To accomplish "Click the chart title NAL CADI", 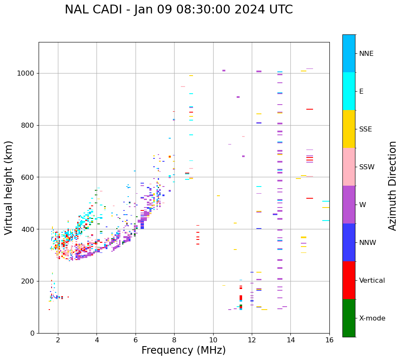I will tap(179, 10).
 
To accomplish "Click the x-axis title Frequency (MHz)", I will tap(183, 350).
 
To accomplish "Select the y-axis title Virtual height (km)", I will tap(9, 188).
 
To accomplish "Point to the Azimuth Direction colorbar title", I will tap(392, 186).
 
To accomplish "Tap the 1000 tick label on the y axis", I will tap(26, 74).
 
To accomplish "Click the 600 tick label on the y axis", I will tap(28, 177).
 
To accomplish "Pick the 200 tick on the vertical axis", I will tap(28, 281).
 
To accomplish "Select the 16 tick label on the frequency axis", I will tap(329, 339).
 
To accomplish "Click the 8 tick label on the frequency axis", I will tap(174, 339).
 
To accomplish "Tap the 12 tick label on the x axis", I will tap(252, 339).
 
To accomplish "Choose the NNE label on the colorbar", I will tap(366, 54).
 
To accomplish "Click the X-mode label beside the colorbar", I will tap(372, 318).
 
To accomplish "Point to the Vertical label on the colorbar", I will tap(372, 281).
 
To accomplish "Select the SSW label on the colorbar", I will tap(366, 167).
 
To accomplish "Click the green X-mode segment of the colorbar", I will tap(349, 318).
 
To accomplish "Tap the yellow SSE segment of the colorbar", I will tap(349, 129).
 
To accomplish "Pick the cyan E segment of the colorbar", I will tap(349, 91).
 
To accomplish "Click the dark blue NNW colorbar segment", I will tap(349, 242).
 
